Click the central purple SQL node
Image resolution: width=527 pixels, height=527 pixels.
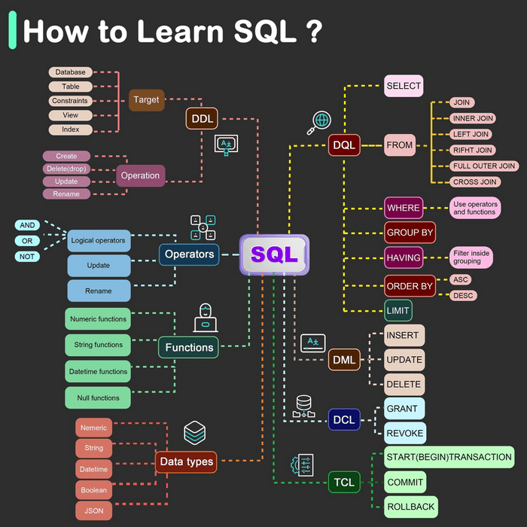pos(274,254)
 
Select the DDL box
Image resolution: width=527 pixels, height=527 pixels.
pos(202,118)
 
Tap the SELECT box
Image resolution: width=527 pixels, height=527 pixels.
pos(404,86)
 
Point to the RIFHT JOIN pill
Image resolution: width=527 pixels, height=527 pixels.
pos(472,150)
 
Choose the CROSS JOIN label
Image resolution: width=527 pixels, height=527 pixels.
pos(475,182)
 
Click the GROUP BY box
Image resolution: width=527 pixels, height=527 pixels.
pos(410,232)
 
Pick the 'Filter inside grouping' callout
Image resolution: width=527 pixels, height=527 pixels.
pos(471,257)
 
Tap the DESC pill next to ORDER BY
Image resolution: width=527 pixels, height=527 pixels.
pos(463,295)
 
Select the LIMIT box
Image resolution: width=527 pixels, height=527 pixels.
pos(398,310)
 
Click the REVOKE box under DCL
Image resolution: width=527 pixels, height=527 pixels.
pos(405,433)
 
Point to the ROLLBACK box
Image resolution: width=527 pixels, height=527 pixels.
pos(411,507)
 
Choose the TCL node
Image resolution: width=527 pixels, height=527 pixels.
pos(344,483)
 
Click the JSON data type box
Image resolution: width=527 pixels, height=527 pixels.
pos(94,511)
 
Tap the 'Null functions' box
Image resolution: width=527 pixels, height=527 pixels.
pos(98,398)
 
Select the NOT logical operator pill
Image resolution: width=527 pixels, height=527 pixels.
pos(27,257)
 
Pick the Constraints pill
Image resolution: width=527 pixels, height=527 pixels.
pos(70,101)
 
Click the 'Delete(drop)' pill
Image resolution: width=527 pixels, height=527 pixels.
pos(66,169)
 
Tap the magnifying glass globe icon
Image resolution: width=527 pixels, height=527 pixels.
pos(319,123)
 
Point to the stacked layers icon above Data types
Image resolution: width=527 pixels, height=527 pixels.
pos(194,433)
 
